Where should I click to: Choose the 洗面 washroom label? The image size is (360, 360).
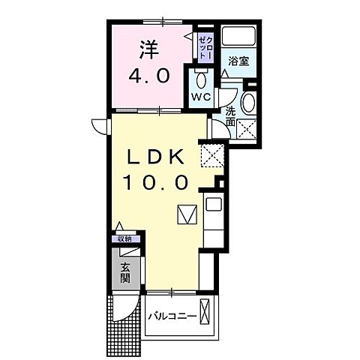[230, 116]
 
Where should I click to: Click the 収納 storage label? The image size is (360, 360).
[123, 239]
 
